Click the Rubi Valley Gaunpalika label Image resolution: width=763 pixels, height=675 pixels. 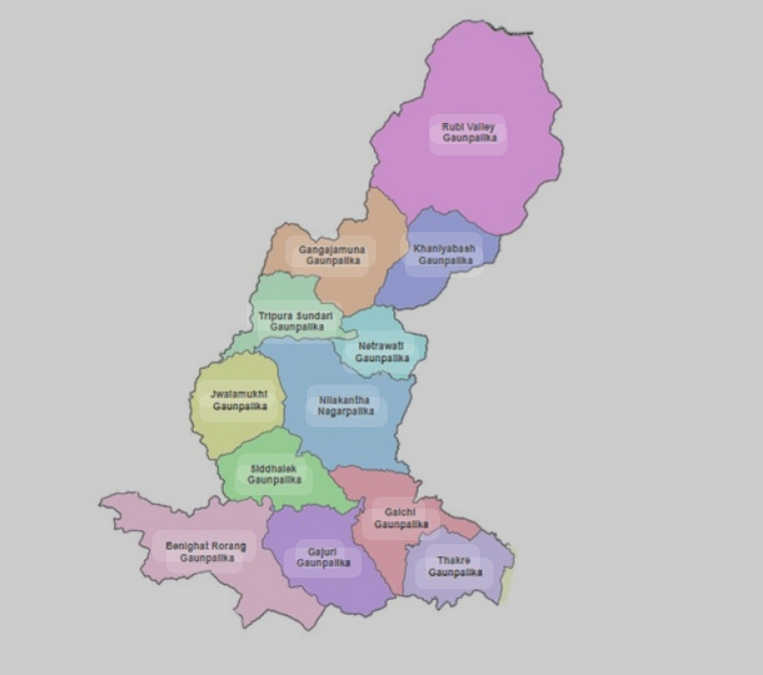click(468, 132)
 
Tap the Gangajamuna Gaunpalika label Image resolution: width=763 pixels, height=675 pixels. click(331, 255)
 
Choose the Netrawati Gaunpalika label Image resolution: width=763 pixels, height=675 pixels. click(381, 351)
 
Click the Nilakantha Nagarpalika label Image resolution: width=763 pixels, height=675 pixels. click(345, 405)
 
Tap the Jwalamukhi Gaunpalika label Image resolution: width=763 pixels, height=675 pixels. click(239, 400)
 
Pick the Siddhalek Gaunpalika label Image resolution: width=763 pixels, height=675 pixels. click(274, 474)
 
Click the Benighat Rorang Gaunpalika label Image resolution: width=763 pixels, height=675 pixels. click(206, 552)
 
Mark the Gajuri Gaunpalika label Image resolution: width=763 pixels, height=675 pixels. click(322, 558)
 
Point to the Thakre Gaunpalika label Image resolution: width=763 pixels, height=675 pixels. click(454, 567)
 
